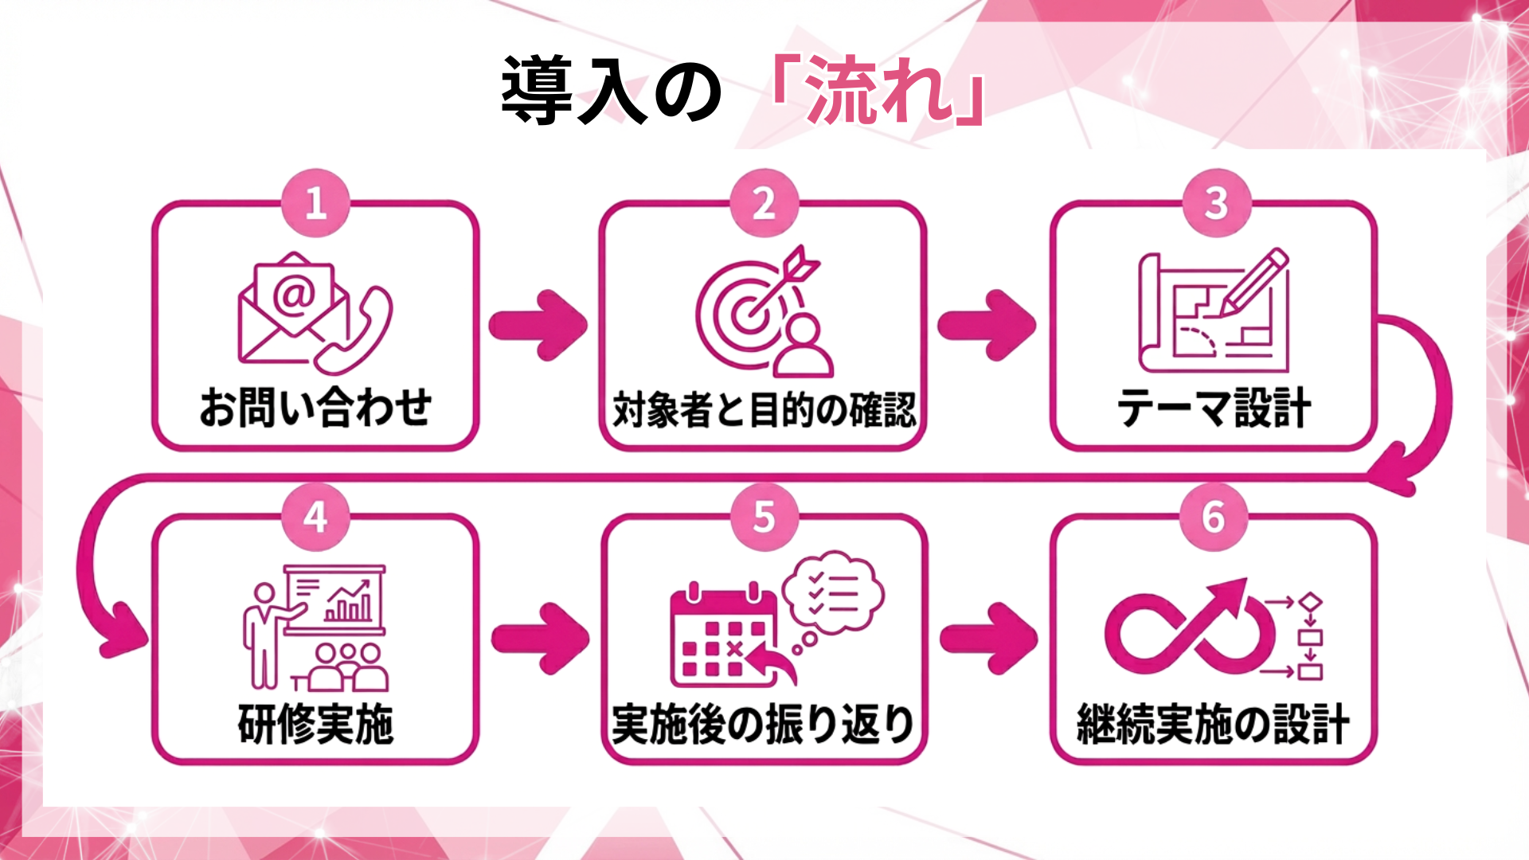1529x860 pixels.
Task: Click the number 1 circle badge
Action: point(315,203)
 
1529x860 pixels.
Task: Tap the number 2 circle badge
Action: point(764,203)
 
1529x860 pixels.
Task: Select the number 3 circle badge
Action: point(1215,203)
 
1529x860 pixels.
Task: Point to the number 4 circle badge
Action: point(315,518)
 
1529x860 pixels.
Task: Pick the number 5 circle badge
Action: point(764,518)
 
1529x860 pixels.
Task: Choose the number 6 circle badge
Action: point(1214,518)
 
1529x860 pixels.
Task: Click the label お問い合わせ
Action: point(315,408)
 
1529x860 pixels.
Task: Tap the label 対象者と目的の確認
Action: point(764,409)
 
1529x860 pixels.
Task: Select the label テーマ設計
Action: point(1214,408)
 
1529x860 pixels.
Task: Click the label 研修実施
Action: point(315,724)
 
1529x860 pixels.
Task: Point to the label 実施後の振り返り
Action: point(763,724)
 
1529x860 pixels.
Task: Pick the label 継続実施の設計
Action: point(1213,724)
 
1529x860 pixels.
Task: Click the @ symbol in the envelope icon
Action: point(294,295)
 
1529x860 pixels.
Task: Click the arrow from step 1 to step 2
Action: point(538,325)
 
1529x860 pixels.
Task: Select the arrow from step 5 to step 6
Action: point(989,639)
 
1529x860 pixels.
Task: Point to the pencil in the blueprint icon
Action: point(1253,283)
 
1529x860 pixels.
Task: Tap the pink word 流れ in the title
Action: point(879,90)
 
